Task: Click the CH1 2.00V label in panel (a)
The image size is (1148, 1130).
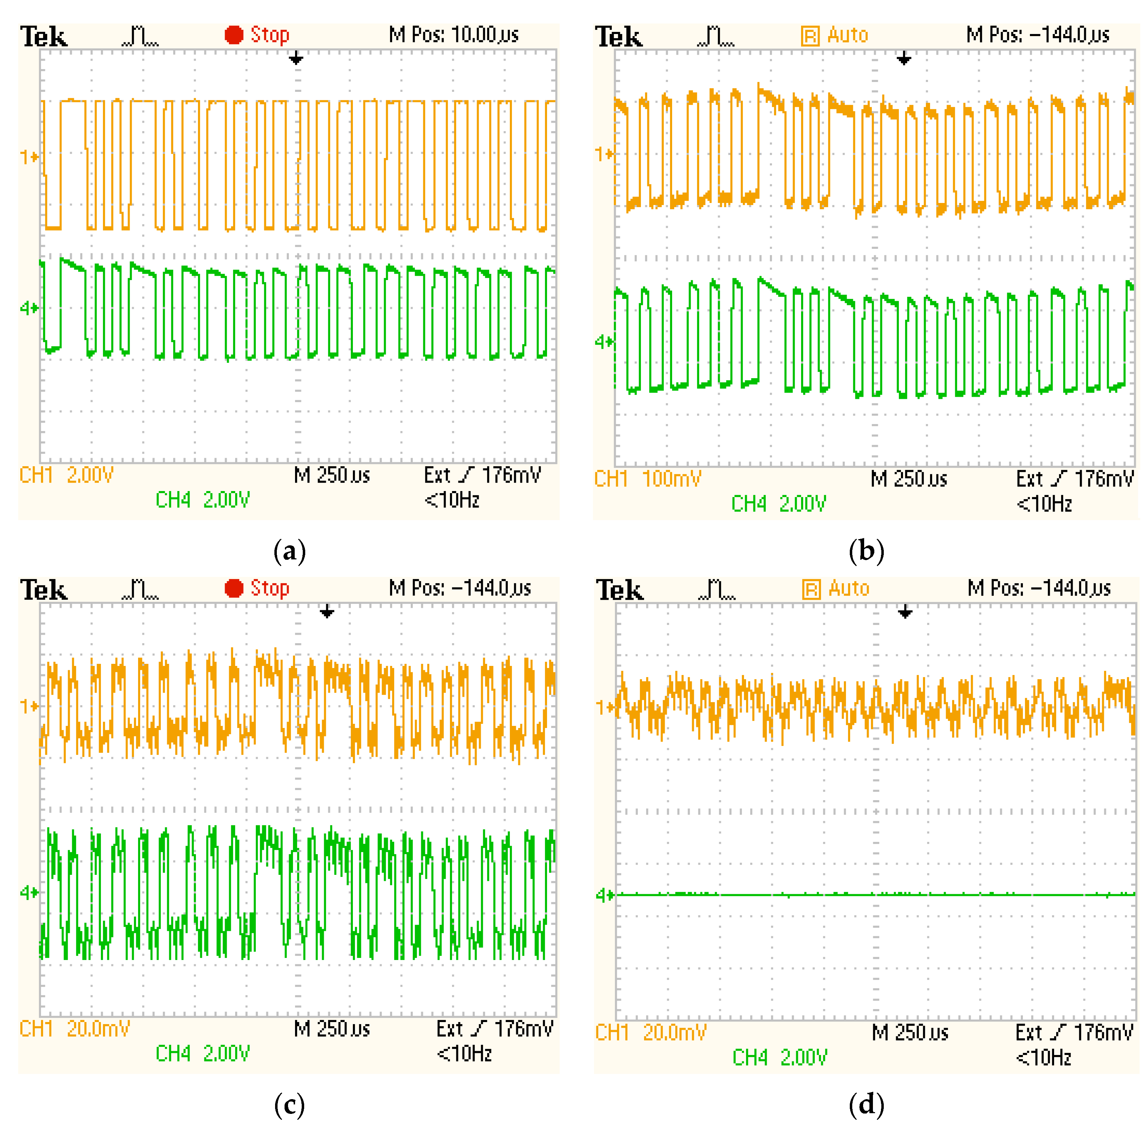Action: pyautogui.click(x=66, y=475)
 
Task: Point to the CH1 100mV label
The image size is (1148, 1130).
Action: pyautogui.click(x=647, y=479)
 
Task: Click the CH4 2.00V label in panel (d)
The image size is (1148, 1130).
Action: pyautogui.click(x=779, y=1057)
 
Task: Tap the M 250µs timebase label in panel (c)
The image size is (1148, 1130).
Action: pyautogui.click(x=332, y=1028)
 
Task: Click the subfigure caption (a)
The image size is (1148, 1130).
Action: pyautogui.click(x=289, y=551)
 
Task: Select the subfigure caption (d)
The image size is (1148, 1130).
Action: pyautogui.click(x=866, y=1104)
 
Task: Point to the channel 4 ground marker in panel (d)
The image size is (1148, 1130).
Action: pyautogui.click(x=604, y=895)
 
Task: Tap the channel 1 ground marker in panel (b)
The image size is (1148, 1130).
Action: pyautogui.click(x=604, y=154)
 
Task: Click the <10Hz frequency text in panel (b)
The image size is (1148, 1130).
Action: pyautogui.click(x=1044, y=504)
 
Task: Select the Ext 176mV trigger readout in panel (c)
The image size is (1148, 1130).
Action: pyautogui.click(x=494, y=1028)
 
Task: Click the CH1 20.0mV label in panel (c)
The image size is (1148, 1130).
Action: pyautogui.click(x=74, y=1028)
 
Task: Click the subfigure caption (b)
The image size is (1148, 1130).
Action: pyautogui.click(x=866, y=551)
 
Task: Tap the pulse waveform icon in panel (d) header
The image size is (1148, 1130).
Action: pyautogui.click(x=717, y=589)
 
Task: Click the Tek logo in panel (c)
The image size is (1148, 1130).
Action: pyautogui.click(x=43, y=590)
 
